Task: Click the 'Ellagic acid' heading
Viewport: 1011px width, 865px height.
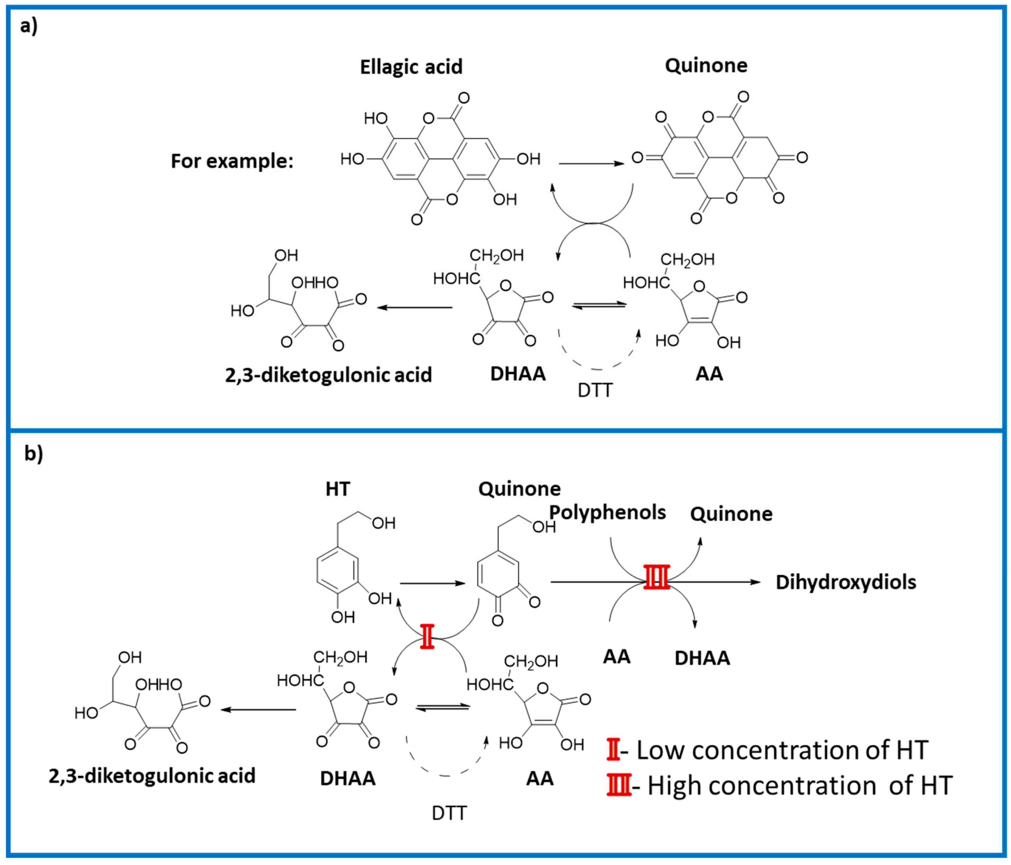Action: coord(411,67)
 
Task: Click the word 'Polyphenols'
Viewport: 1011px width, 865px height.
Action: coord(608,512)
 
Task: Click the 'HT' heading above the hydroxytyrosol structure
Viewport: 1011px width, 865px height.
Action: coord(338,489)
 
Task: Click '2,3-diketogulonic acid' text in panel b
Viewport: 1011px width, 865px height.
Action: coord(152,776)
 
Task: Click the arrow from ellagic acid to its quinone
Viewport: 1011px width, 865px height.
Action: coord(591,164)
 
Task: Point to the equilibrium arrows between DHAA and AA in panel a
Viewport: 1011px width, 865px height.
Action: coord(599,305)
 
